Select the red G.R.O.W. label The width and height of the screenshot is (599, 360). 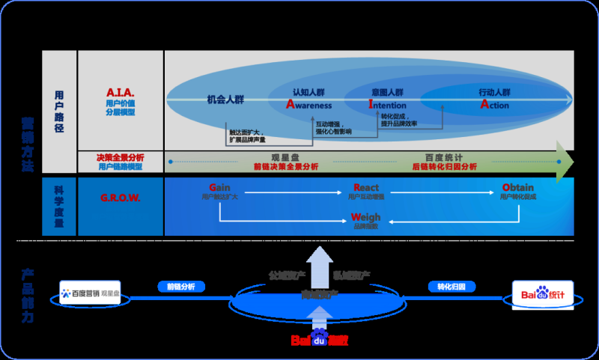[x=120, y=199]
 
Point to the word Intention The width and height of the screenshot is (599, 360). [x=387, y=106]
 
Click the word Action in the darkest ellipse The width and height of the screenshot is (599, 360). [x=494, y=106]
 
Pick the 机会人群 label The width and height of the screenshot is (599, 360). [x=226, y=99]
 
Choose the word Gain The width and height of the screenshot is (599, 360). [x=219, y=187]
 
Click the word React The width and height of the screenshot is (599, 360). [x=366, y=187]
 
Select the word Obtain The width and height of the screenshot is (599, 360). [x=518, y=187]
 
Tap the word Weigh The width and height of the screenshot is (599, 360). [x=366, y=217]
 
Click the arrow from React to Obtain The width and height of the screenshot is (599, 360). [x=442, y=193]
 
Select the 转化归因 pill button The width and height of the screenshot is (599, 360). [x=447, y=286]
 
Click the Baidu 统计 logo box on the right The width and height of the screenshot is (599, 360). [x=543, y=295]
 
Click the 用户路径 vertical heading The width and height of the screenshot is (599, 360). [x=60, y=111]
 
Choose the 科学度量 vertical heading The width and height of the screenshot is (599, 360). [x=60, y=207]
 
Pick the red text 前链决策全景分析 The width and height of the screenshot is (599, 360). [x=286, y=166]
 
